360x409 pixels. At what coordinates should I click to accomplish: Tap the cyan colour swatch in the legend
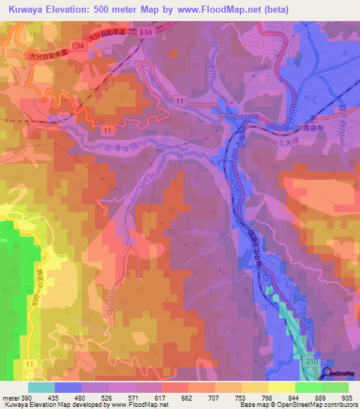pos(41,387)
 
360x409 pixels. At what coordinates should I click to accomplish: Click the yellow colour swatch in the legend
pos(281,387)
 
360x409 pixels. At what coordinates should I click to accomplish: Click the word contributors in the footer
pos(338,405)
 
